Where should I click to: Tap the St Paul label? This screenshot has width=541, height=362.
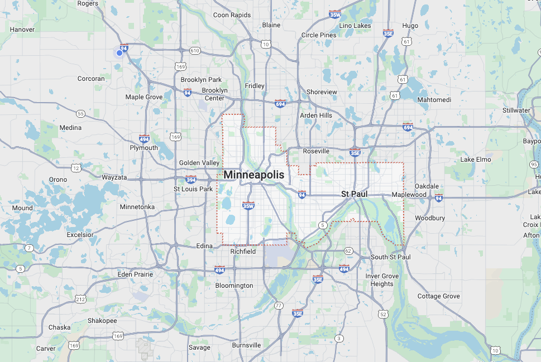click(x=353, y=194)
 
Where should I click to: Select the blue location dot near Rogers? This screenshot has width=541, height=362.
click(x=119, y=53)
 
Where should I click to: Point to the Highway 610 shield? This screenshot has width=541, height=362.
click(x=194, y=51)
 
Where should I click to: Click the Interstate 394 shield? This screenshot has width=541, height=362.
click(x=191, y=180)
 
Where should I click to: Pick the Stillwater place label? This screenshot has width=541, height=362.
click(x=516, y=110)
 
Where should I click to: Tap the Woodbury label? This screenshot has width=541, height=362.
click(x=430, y=218)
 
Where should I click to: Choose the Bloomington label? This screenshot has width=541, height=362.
click(x=234, y=286)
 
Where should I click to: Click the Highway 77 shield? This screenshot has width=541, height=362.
click(x=279, y=305)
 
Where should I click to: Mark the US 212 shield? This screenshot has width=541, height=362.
click(x=81, y=300)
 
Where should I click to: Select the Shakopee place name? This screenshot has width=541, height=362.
click(x=102, y=321)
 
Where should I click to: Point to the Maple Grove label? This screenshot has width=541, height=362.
click(x=144, y=97)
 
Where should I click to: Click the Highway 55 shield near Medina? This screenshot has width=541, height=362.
click(x=81, y=114)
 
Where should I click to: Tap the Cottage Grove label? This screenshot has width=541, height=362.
click(x=439, y=296)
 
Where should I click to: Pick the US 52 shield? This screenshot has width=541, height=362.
click(x=382, y=315)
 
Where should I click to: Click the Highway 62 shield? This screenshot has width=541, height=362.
click(x=348, y=251)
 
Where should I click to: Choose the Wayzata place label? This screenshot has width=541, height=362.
click(x=114, y=177)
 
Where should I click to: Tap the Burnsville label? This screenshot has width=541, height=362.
click(x=246, y=345)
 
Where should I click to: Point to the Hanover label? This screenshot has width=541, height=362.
click(x=22, y=30)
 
